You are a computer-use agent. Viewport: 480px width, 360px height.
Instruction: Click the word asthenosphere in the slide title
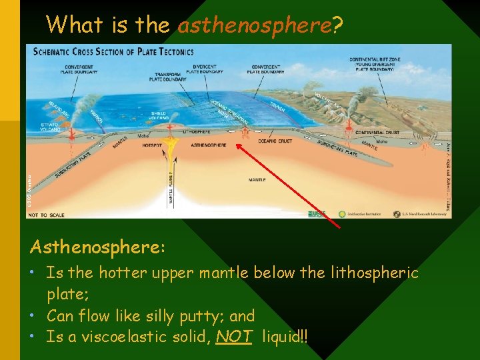pos(255,25)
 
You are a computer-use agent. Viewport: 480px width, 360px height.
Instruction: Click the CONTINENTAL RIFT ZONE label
pos(375,62)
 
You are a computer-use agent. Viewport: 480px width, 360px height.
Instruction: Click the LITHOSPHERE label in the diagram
pos(203,133)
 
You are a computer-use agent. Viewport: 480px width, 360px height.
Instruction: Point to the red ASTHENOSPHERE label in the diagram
pos(209,145)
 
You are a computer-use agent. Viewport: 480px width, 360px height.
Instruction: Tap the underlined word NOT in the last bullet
pos(234,337)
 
